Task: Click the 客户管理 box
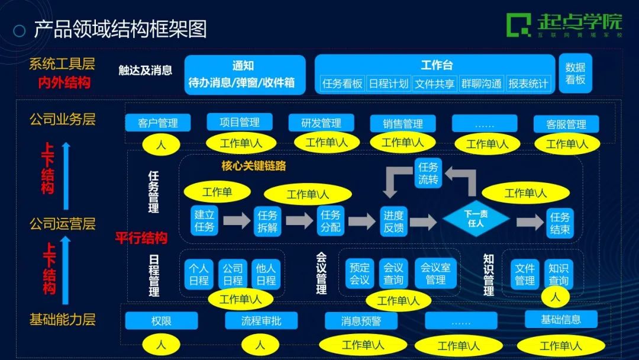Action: pyautogui.click(x=158, y=123)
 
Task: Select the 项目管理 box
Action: pyautogui.click(x=239, y=122)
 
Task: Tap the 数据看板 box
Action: pyautogui.click(x=575, y=73)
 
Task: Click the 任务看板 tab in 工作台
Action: pyautogui.click(x=342, y=83)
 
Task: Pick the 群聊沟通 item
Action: pyautogui.click(x=481, y=83)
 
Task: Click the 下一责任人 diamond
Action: pyautogui.click(x=476, y=218)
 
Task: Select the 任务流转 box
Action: pyautogui.click(x=428, y=173)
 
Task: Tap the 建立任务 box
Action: pyautogui.click(x=204, y=220)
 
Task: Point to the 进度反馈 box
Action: pyautogui.click(x=393, y=220)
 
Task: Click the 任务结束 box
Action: pyautogui.click(x=560, y=223)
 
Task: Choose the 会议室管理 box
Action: pyautogui.click(x=435, y=274)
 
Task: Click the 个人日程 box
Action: pyautogui.click(x=199, y=274)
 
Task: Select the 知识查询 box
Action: pyautogui.click(x=558, y=274)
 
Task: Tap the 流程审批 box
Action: pyautogui.click(x=261, y=321)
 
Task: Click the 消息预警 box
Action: pyautogui.click(x=361, y=321)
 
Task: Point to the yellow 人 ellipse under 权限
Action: pyautogui.click(x=161, y=343)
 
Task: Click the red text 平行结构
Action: pyautogui.click(x=141, y=239)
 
